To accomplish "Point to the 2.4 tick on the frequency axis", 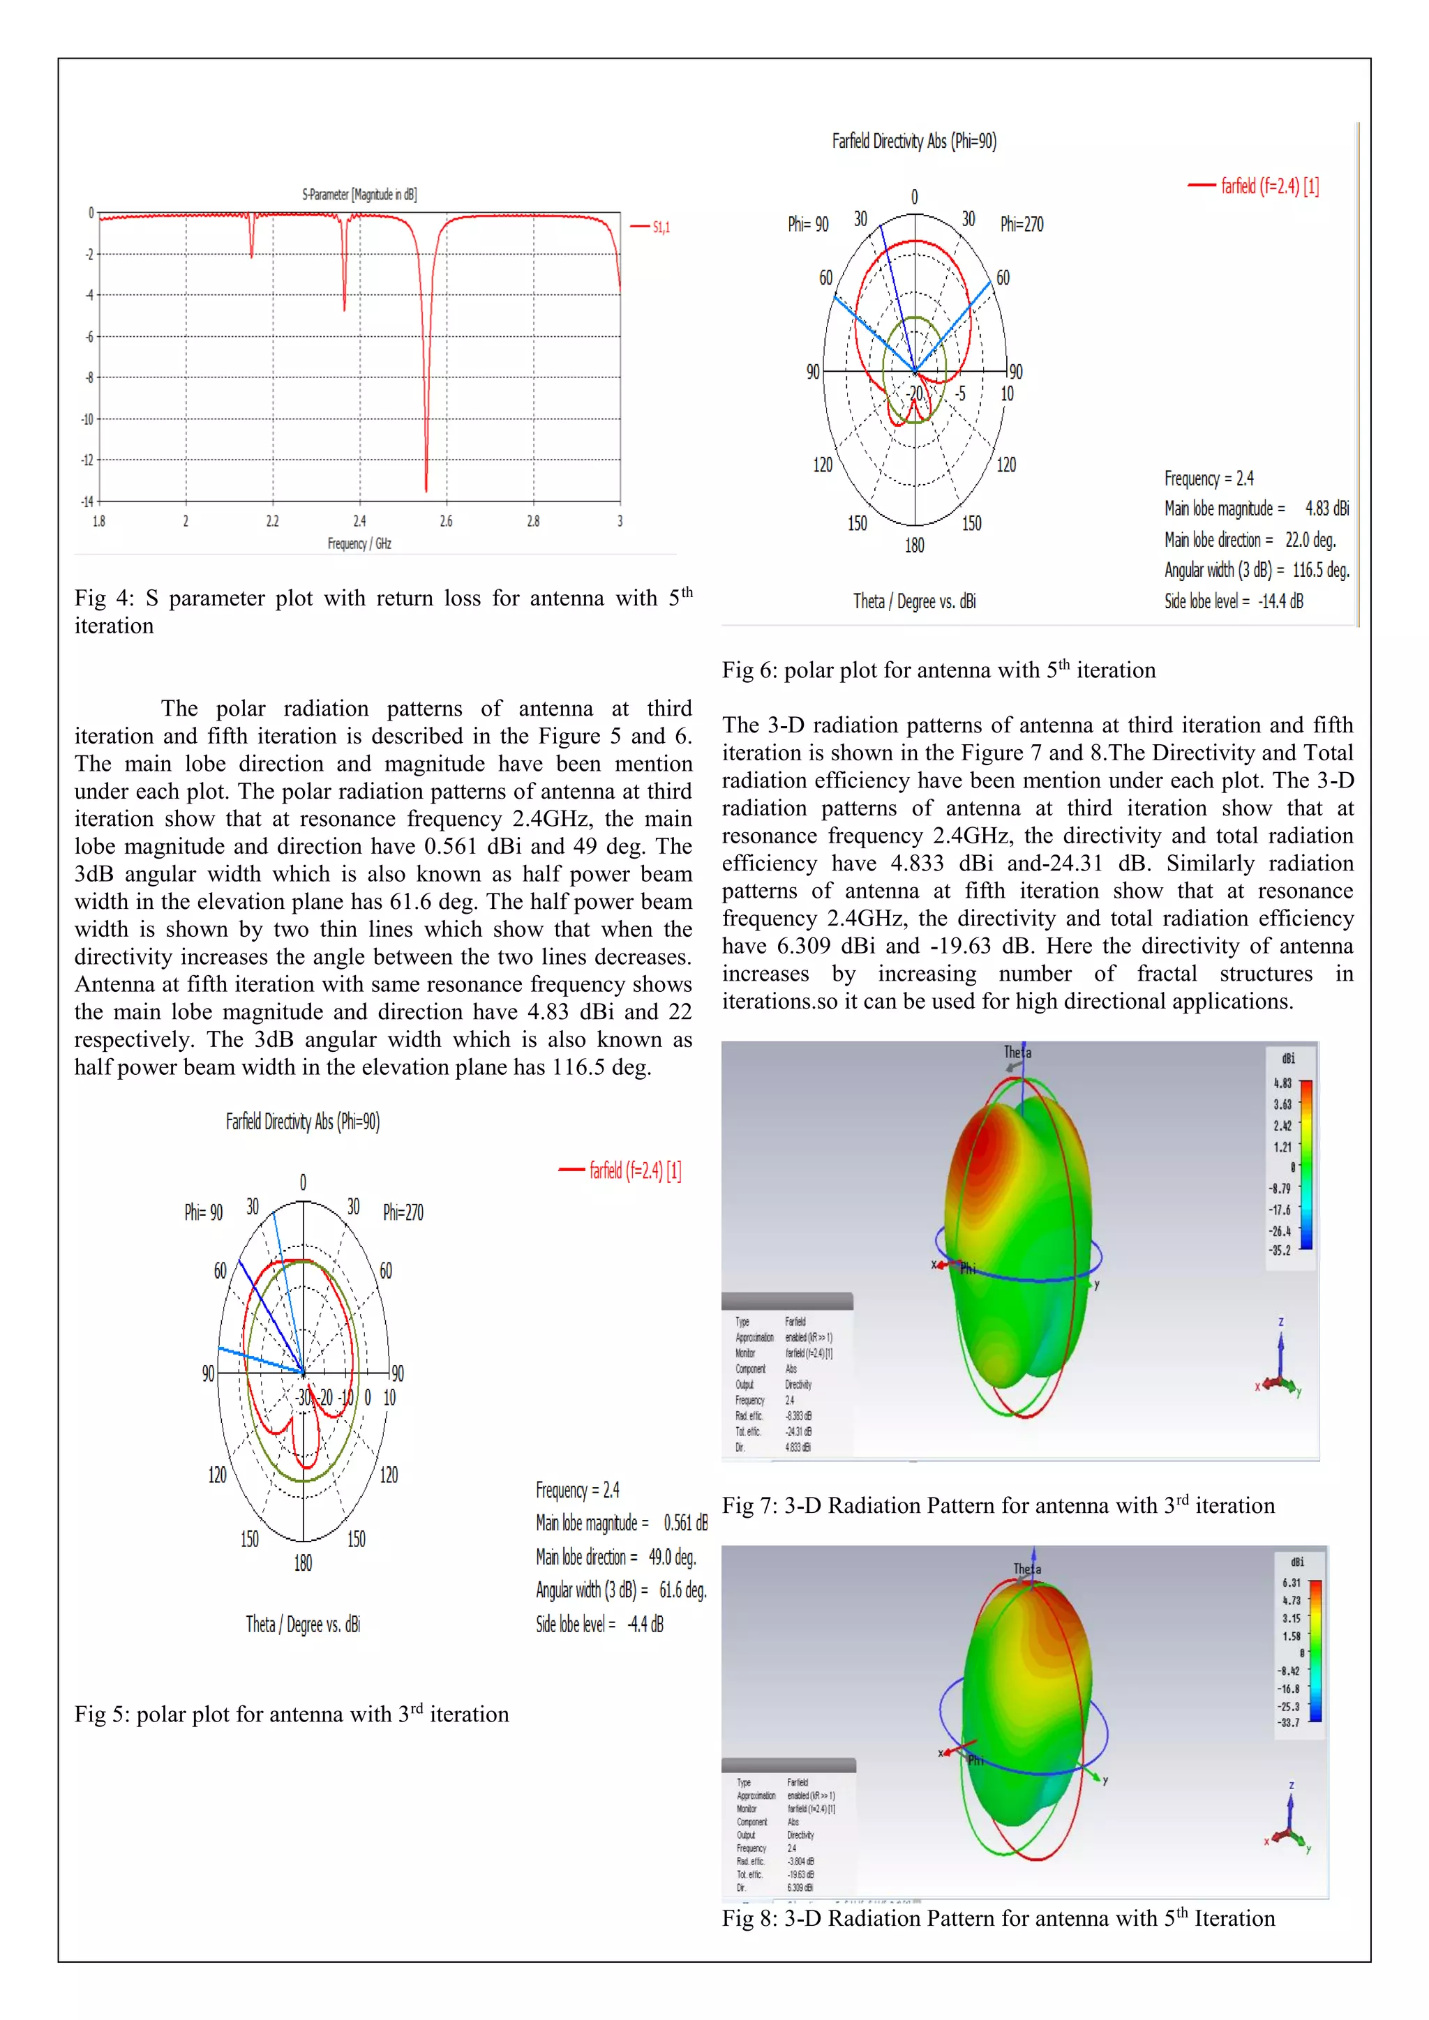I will click(359, 522).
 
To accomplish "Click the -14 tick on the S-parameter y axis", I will click(87, 502).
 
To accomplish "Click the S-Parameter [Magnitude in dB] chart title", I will click(359, 195).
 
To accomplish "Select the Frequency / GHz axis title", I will click(359, 543).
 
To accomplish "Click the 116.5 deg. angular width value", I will click(1320, 570).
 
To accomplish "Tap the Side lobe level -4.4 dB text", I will click(599, 1624).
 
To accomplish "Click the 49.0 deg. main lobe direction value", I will click(672, 1558).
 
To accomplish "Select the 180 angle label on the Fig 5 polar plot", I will click(303, 1563).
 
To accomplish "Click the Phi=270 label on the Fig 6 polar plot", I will click(1022, 225).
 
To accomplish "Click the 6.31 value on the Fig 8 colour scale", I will click(1291, 1583).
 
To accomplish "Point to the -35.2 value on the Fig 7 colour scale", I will click(1280, 1250).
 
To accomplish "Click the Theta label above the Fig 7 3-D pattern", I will click(1017, 1053).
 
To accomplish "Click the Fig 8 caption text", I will click(998, 1919).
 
